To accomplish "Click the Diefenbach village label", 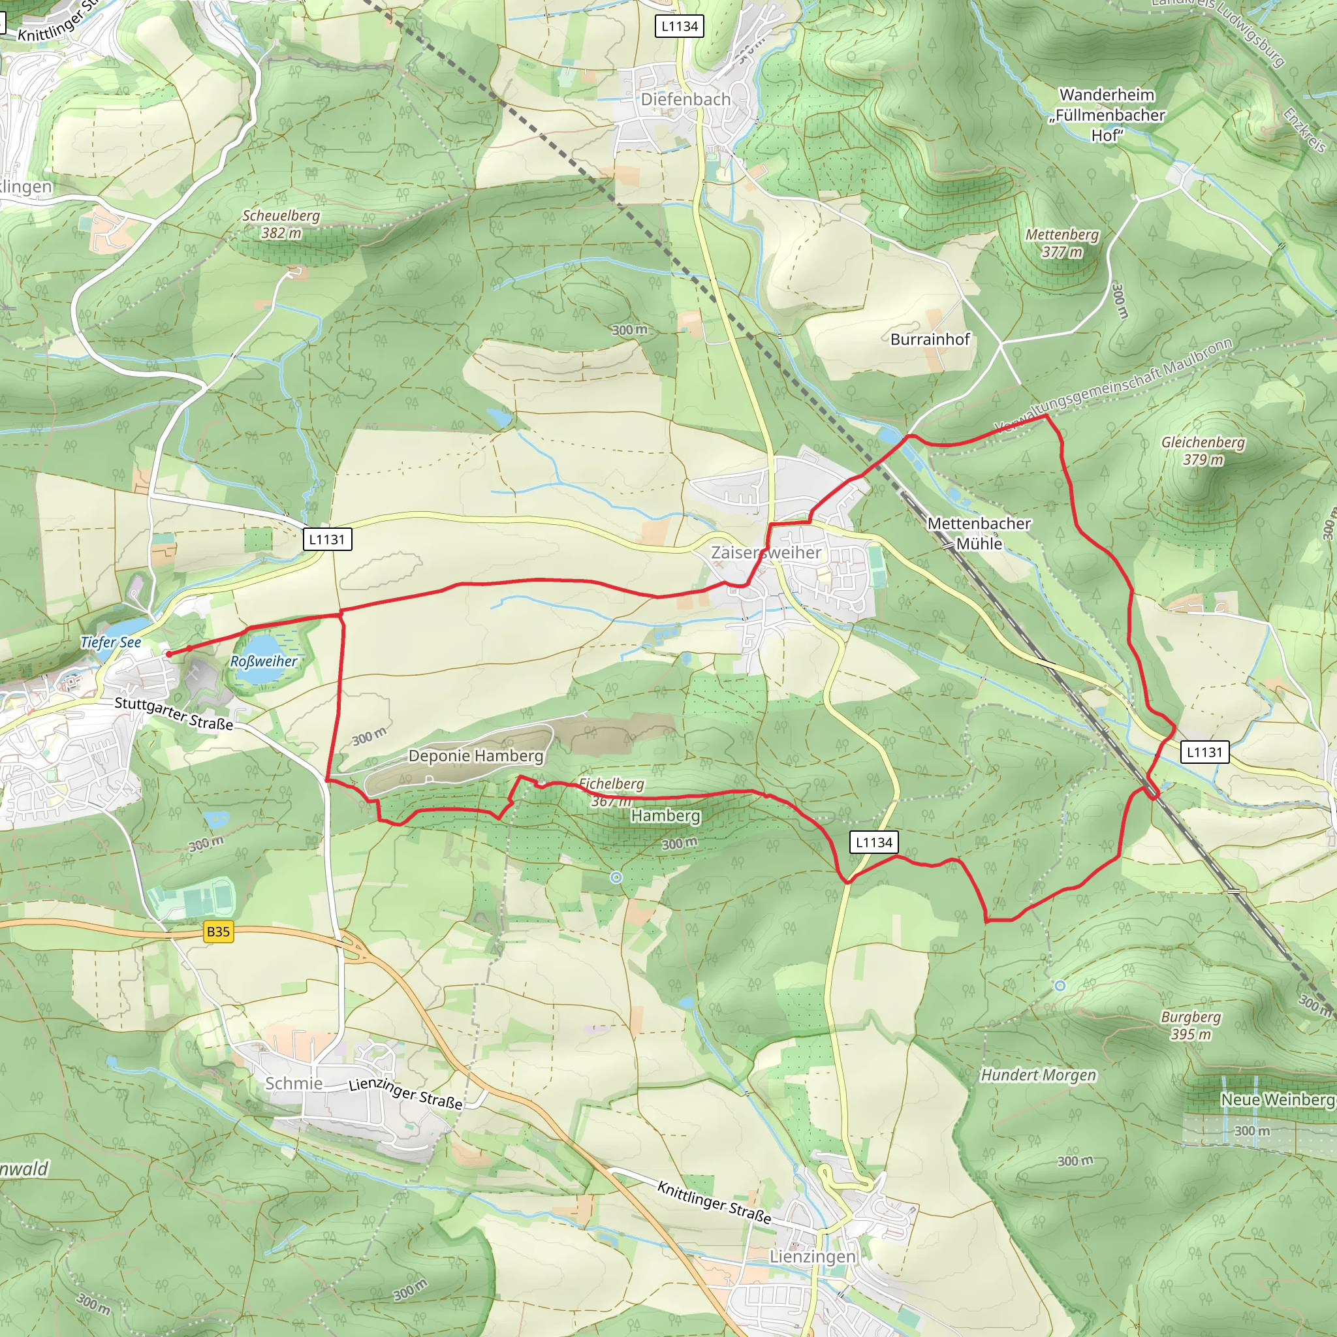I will pyautogui.click(x=685, y=100).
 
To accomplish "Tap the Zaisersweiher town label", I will pyautogui.click(x=766, y=552).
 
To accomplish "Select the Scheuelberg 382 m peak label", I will pyautogui.click(x=281, y=224).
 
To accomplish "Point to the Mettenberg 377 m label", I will pyautogui.click(x=1062, y=243).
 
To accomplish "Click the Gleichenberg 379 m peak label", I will pyautogui.click(x=1203, y=450).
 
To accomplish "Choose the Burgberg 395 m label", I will pyautogui.click(x=1190, y=1026).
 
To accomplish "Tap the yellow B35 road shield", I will pyautogui.click(x=218, y=932).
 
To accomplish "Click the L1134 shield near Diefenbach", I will pyautogui.click(x=680, y=26).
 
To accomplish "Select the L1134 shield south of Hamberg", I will pyautogui.click(x=874, y=842).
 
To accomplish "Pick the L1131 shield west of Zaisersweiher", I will pyautogui.click(x=326, y=539).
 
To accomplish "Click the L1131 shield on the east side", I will pyautogui.click(x=1205, y=752).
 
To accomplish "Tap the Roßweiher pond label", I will pyautogui.click(x=264, y=661).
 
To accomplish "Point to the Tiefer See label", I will pyautogui.click(x=111, y=642).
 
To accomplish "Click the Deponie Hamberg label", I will pyautogui.click(x=475, y=756).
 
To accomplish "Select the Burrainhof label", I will pyautogui.click(x=930, y=339).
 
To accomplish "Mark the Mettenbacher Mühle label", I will pyautogui.click(x=979, y=533).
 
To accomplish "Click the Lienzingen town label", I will pyautogui.click(x=812, y=1256).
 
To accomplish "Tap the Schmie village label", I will pyautogui.click(x=293, y=1083).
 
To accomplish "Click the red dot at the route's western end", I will pyautogui.click(x=169, y=653).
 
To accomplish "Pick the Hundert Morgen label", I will pyautogui.click(x=1038, y=1075).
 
